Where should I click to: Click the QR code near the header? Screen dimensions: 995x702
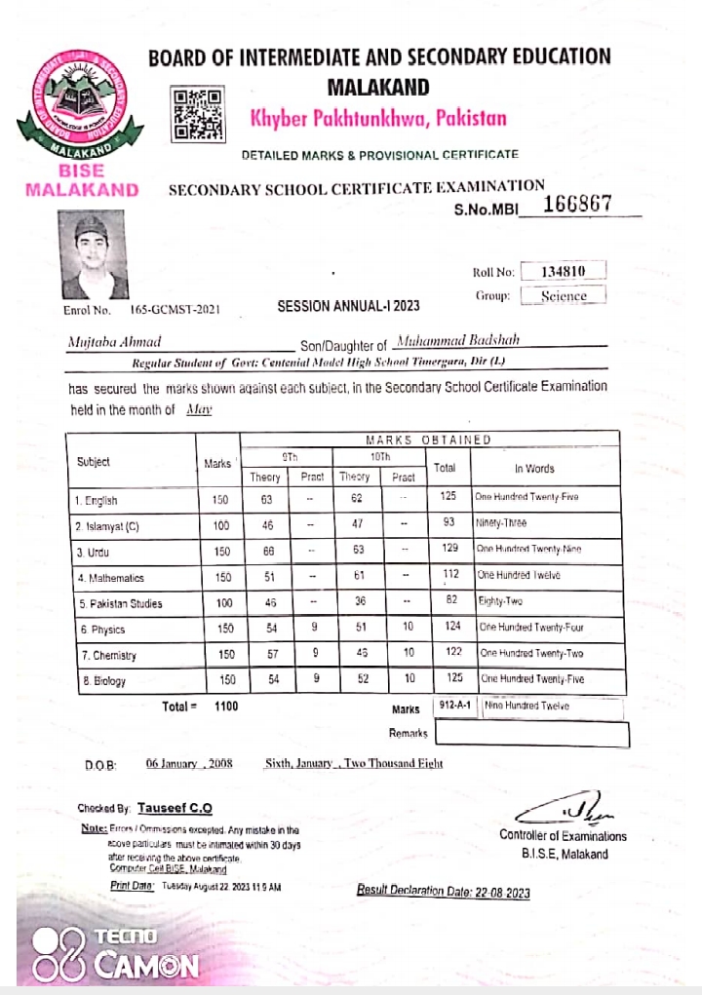(x=198, y=114)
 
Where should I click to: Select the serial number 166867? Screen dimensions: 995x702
(x=576, y=203)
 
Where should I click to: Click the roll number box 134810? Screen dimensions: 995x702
(x=563, y=271)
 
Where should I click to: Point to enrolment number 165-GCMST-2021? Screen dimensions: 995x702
(x=175, y=310)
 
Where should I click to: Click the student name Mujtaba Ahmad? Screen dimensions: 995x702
(x=115, y=342)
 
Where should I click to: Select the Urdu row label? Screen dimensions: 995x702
(x=94, y=552)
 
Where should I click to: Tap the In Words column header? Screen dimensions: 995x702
(x=534, y=468)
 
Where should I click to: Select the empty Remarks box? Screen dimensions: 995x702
(x=531, y=733)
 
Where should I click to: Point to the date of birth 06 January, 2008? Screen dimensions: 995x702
(x=189, y=764)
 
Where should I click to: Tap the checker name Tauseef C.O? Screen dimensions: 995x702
(x=175, y=808)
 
